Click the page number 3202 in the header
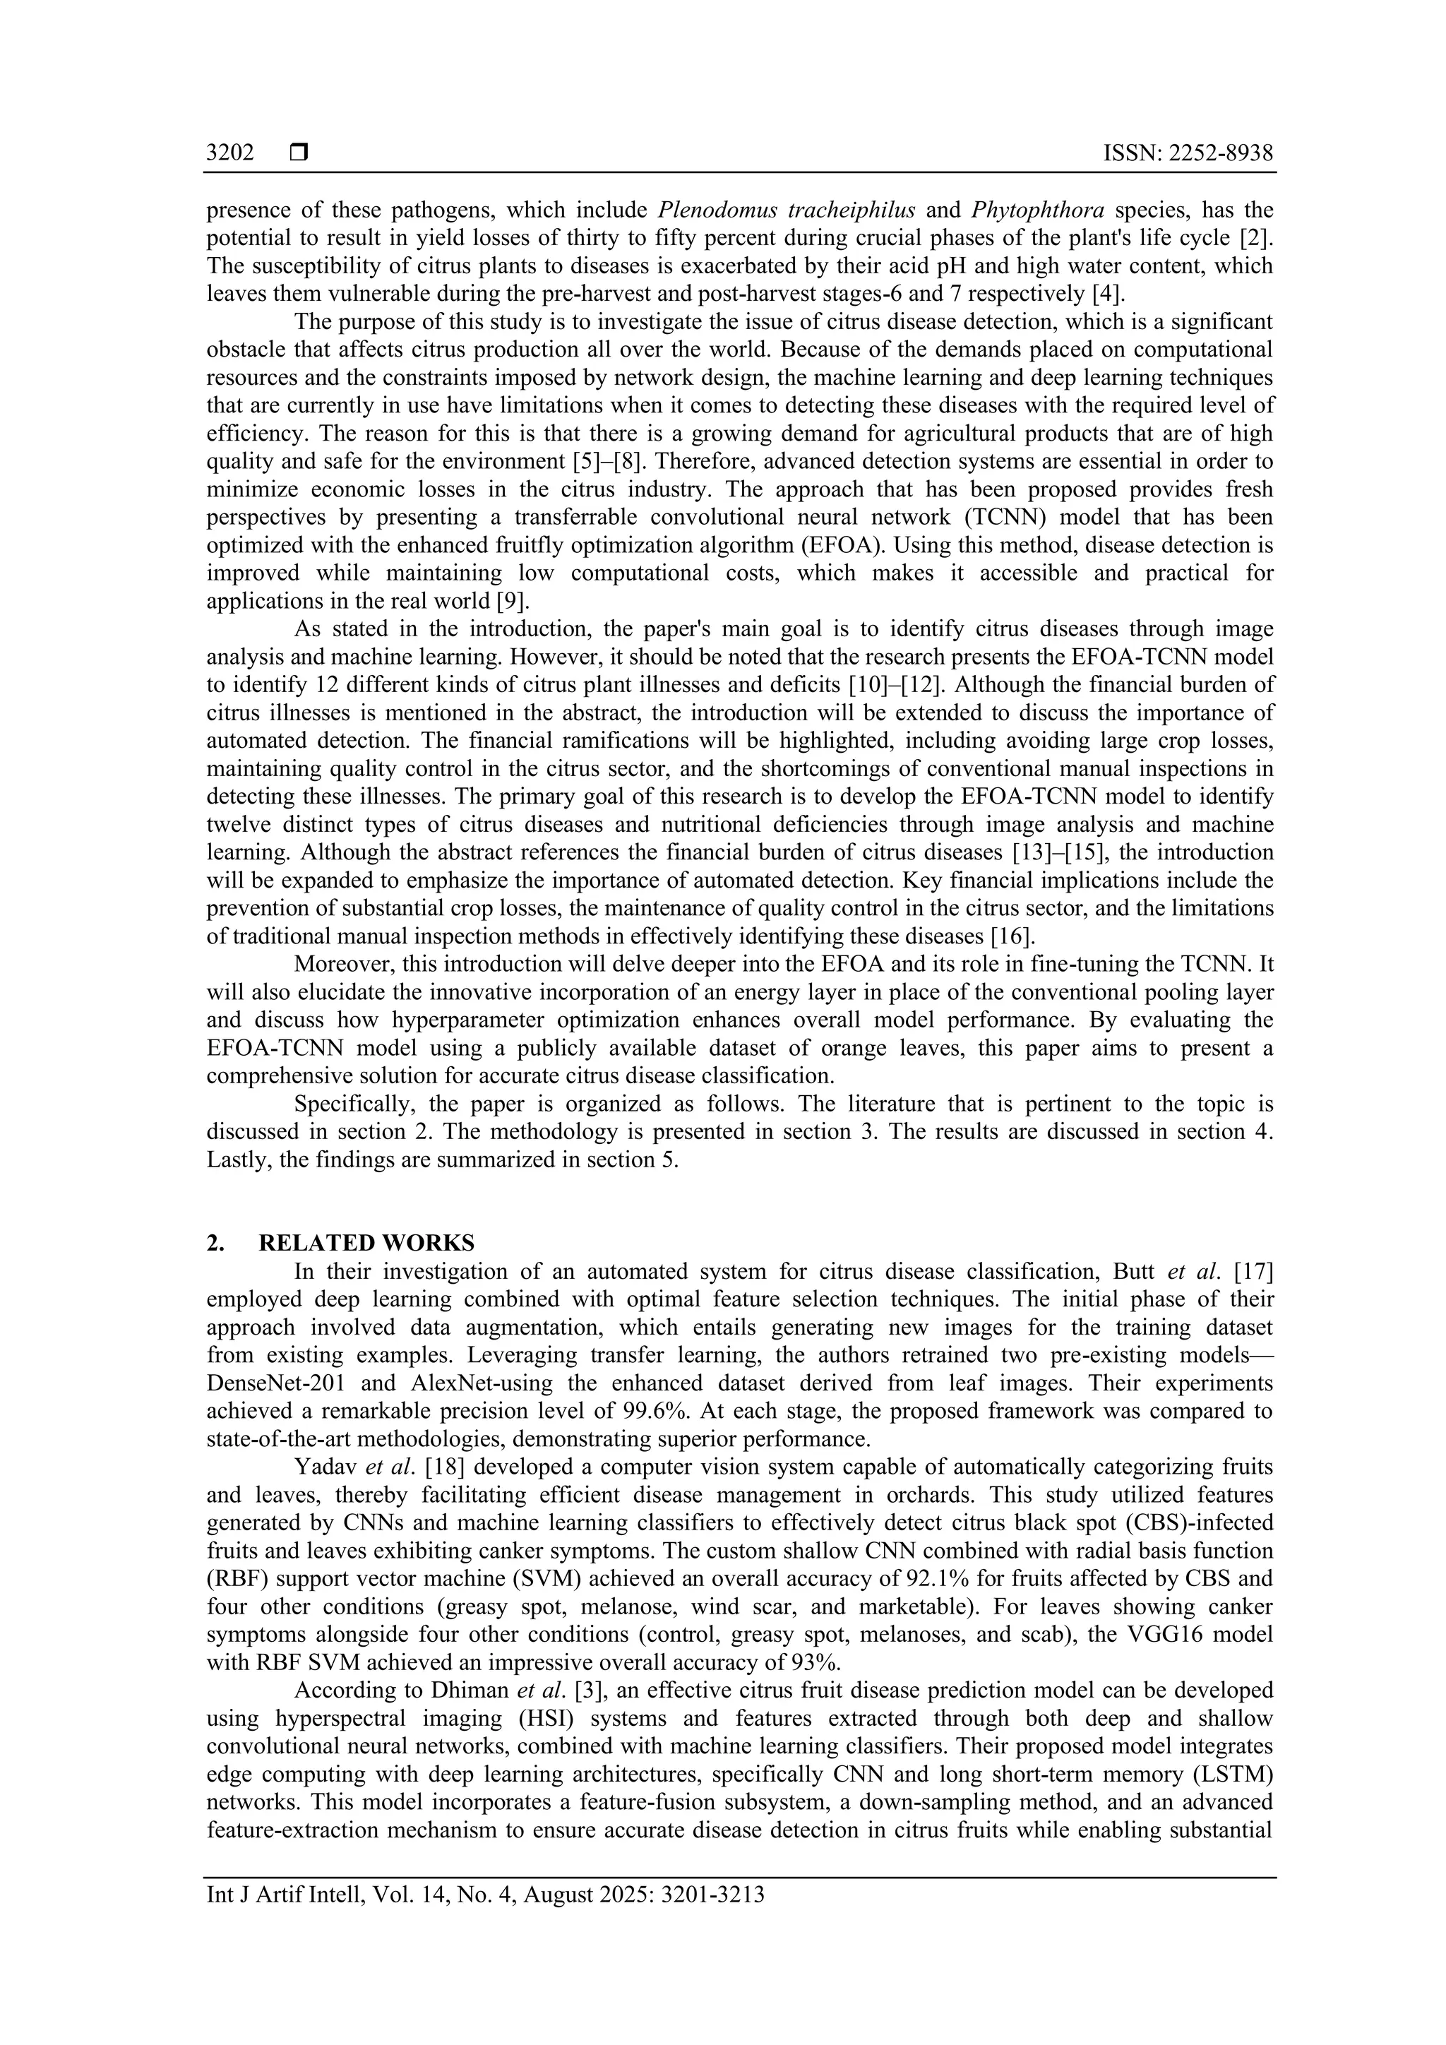229,153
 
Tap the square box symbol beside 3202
298,153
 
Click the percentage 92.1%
914,1578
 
